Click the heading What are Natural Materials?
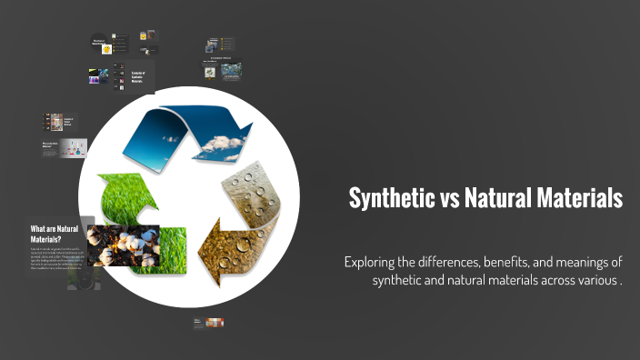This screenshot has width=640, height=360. (55, 233)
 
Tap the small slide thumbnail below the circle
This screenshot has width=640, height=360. (208, 322)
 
